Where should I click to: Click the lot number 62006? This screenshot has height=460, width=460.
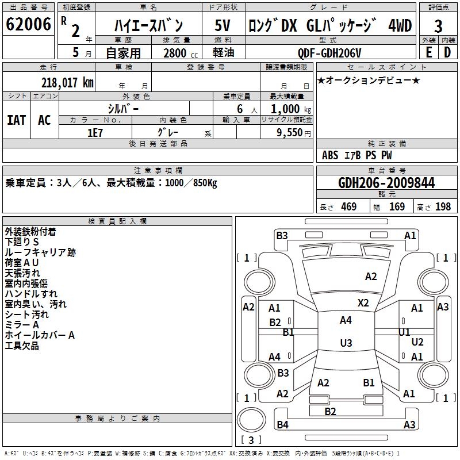(28, 24)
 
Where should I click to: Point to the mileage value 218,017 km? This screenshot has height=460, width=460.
(67, 82)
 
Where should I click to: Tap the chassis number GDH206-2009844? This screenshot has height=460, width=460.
(386, 183)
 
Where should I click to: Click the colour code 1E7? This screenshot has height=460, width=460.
(95, 132)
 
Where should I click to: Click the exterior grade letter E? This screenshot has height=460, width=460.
(428, 52)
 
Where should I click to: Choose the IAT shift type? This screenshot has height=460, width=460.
(17, 120)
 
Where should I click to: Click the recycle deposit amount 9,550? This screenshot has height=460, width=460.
(289, 132)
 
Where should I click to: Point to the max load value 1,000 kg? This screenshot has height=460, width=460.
(287, 109)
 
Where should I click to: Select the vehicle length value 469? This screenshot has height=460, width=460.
(348, 207)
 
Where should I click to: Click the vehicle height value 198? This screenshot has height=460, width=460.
(443, 207)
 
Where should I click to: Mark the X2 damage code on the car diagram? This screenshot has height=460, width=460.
(363, 302)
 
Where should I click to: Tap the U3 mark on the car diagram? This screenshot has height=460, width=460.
(346, 343)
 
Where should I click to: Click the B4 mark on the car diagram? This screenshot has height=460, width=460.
(282, 425)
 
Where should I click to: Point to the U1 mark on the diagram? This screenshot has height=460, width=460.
(404, 332)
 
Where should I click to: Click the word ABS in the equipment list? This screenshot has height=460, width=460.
(330, 155)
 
